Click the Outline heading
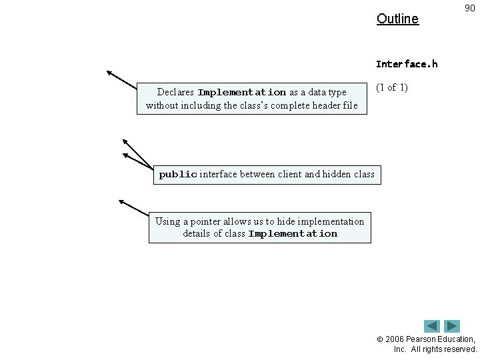coord(397,19)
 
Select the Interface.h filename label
coord(407,64)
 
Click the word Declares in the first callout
coord(175,92)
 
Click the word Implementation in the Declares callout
coord(242,92)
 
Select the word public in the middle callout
coord(177,175)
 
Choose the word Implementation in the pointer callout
coord(293,234)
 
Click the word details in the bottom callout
coord(197,234)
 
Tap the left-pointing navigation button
coord(432,326)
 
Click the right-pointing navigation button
coord(453,326)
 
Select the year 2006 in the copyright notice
coord(396,339)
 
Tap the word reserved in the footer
coord(460,349)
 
